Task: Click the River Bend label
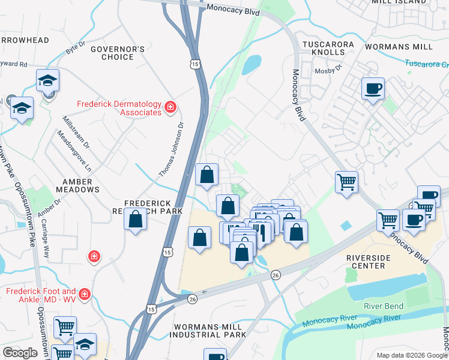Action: tap(384, 306)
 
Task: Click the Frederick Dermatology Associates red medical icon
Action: tap(170, 107)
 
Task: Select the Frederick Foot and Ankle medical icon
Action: tap(85, 294)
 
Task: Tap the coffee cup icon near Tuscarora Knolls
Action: tap(373, 89)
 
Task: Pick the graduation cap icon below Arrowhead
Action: tap(47, 81)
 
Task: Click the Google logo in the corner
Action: tap(20, 353)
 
